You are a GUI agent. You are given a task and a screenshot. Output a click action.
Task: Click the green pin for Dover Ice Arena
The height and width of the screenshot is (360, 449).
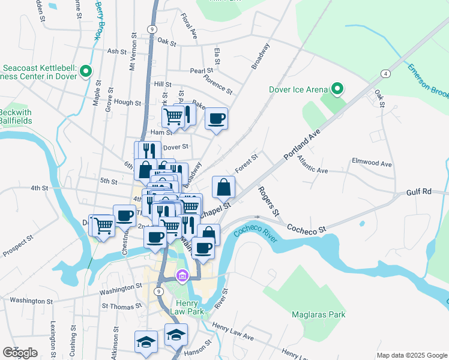pos(337,90)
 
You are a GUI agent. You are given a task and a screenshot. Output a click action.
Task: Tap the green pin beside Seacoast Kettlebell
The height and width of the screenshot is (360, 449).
pos(86,72)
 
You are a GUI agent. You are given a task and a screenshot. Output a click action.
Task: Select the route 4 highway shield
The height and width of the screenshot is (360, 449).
pos(384,74)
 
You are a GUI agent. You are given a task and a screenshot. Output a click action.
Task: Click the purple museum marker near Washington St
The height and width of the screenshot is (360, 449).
pos(182,275)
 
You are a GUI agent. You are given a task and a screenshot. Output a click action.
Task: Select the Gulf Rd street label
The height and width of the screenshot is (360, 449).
pos(418,191)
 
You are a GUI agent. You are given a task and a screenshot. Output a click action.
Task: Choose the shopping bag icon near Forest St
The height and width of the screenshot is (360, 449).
pos(223,187)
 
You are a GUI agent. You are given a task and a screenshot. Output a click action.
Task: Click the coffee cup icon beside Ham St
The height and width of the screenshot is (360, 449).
pos(216,118)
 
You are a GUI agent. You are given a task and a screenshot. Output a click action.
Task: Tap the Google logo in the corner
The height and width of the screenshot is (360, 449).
pos(20,353)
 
